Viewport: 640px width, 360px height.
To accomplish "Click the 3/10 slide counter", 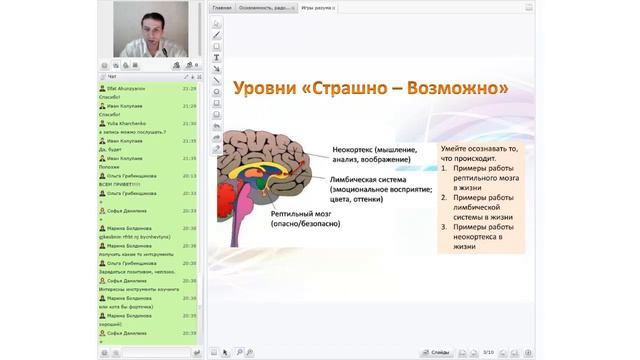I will click(487, 352).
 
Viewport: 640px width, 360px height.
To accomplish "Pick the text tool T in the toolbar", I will click(217, 57).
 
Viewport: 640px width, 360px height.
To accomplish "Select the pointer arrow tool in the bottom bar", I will click(225, 352).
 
